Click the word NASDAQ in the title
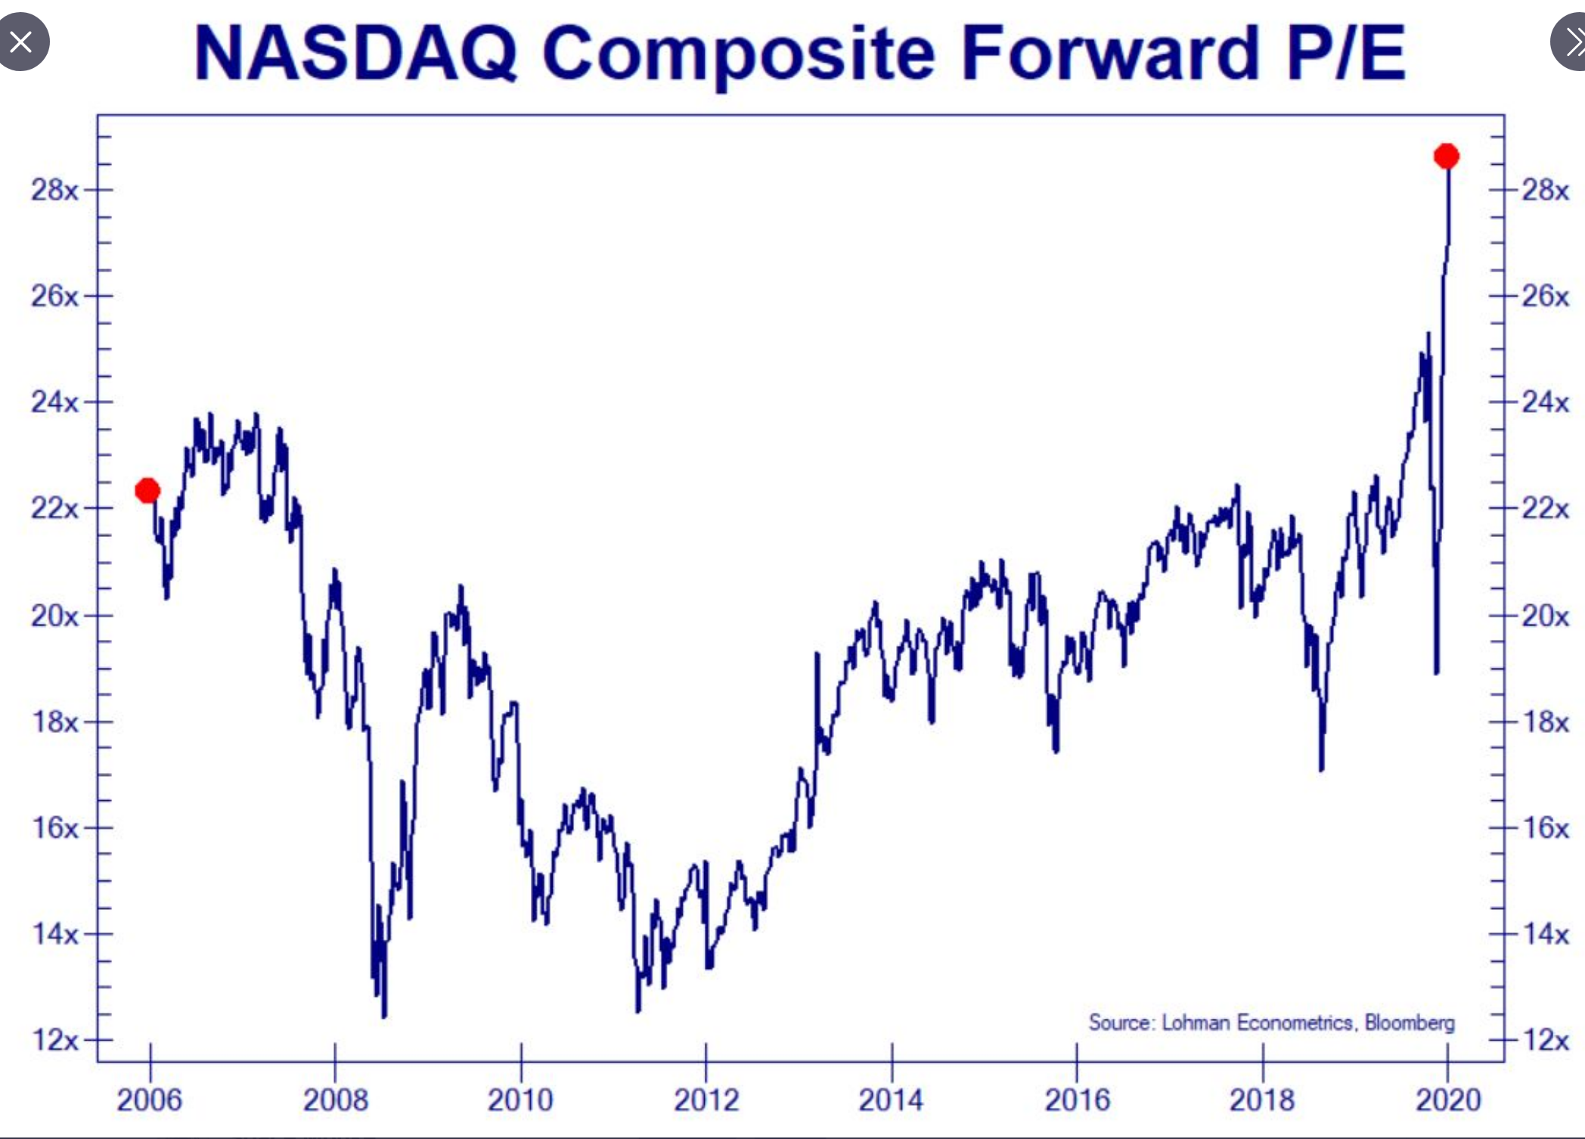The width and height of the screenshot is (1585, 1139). pyautogui.click(x=355, y=53)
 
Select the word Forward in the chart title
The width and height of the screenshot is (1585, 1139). pyautogui.click(x=1110, y=53)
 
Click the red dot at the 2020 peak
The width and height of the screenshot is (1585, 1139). pyautogui.click(x=1446, y=157)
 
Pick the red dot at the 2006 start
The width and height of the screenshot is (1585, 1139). pyautogui.click(x=147, y=491)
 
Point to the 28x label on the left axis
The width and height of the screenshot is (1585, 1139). pyautogui.click(x=54, y=190)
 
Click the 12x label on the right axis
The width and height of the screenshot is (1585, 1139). pyautogui.click(x=1546, y=1041)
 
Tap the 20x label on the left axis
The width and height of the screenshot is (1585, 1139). pyautogui.click(x=54, y=616)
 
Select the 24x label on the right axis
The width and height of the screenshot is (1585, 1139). pyautogui.click(x=1546, y=402)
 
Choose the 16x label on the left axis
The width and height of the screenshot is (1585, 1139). pyautogui.click(x=54, y=828)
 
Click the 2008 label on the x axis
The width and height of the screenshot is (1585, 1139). pyautogui.click(x=335, y=1100)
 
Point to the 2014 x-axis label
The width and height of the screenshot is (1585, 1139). pyautogui.click(x=891, y=1100)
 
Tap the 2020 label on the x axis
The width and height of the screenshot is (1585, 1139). pyautogui.click(x=1447, y=1100)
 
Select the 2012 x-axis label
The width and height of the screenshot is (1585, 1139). pyautogui.click(x=706, y=1100)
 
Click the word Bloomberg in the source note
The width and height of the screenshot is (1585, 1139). pyautogui.click(x=1410, y=1023)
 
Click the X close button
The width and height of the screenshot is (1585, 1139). pyautogui.click(x=21, y=42)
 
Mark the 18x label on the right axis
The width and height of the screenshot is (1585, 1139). pyautogui.click(x=1546, y=722)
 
